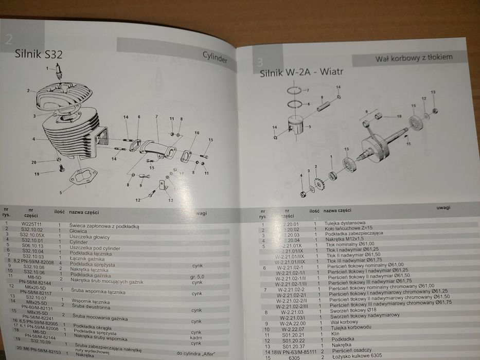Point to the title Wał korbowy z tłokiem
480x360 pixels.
coord(414,57)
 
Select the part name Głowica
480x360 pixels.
coord(82,231)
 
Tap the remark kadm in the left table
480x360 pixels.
coord(196,338)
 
